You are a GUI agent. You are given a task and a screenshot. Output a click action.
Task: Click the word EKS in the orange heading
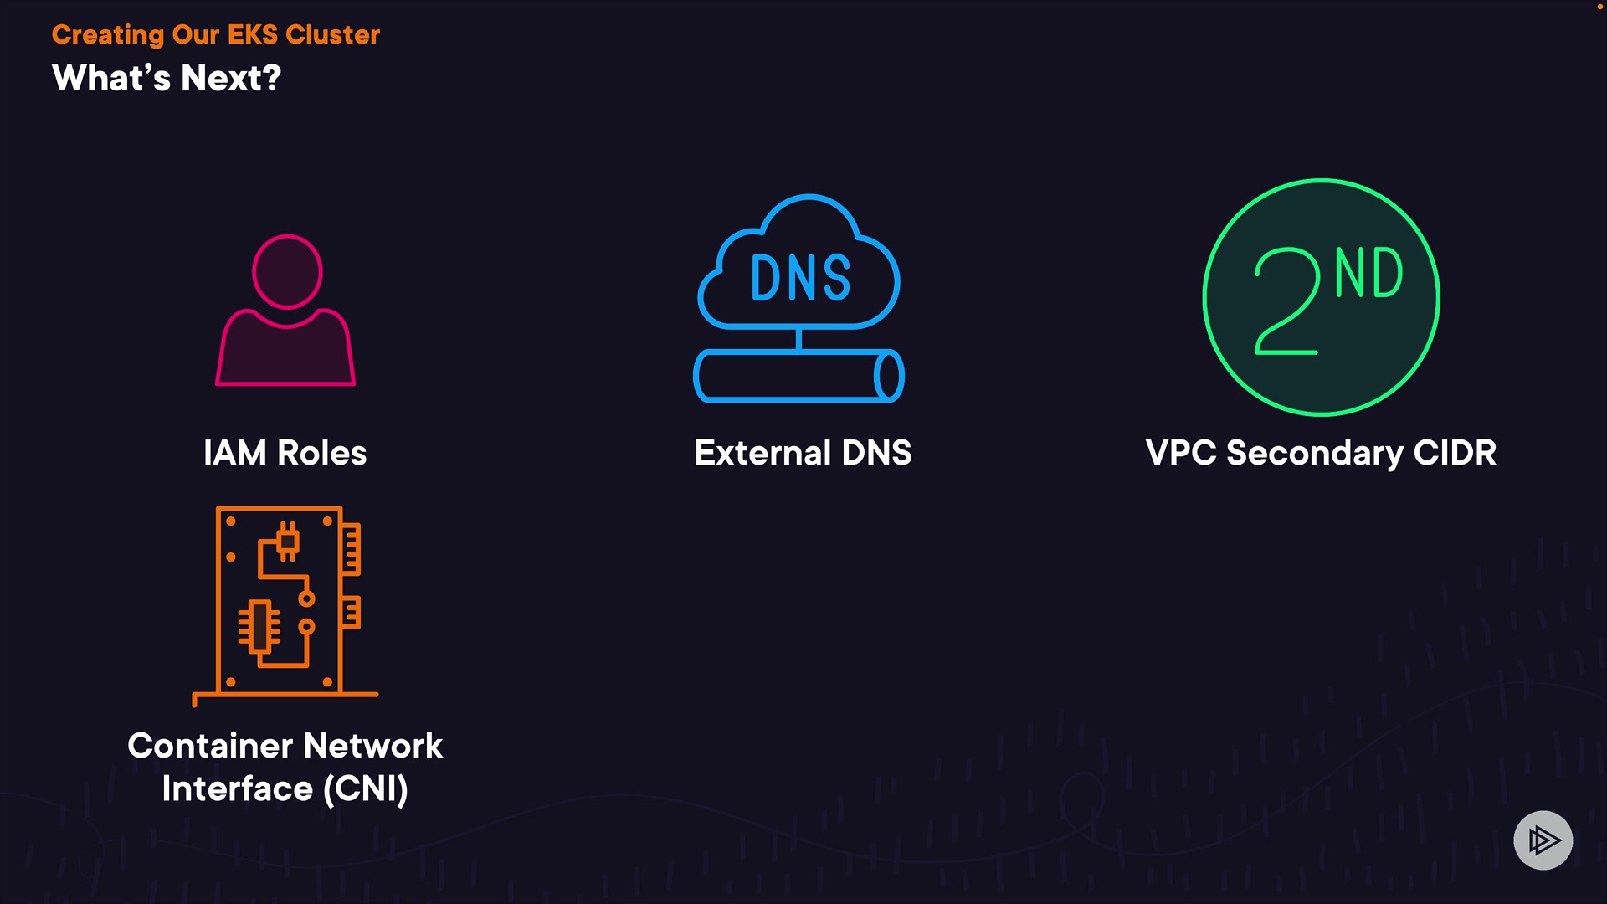point(253,35)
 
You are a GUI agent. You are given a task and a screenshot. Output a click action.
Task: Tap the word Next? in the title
point(231,79)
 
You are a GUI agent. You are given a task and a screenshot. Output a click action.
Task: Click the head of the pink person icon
point(287,271)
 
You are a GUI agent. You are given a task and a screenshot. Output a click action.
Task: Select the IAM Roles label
point(285,453)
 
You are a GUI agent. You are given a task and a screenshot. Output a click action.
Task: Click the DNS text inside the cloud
point(800,278)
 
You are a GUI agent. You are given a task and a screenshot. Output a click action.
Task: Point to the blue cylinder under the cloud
point(798,377)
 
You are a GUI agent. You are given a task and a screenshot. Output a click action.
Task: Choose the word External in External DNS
point(762,453)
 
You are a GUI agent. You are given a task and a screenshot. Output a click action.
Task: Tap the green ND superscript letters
point(1369,273)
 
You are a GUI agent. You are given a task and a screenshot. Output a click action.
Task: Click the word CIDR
point(1455,453)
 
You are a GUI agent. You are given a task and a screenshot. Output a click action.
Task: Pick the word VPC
point(1181,453)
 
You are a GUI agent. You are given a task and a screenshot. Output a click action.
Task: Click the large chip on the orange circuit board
point(259,625)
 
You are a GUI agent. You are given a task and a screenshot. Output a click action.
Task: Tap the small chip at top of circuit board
point(288,542)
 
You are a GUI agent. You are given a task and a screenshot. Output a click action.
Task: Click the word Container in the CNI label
point(210,746)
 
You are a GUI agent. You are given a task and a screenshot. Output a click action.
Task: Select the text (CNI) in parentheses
point(366,789)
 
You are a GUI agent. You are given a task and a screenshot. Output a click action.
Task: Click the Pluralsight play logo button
point(1543,840)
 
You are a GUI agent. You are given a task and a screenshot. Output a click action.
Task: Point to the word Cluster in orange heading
point(333,35)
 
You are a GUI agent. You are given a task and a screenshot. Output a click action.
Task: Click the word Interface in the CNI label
point(238,789)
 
